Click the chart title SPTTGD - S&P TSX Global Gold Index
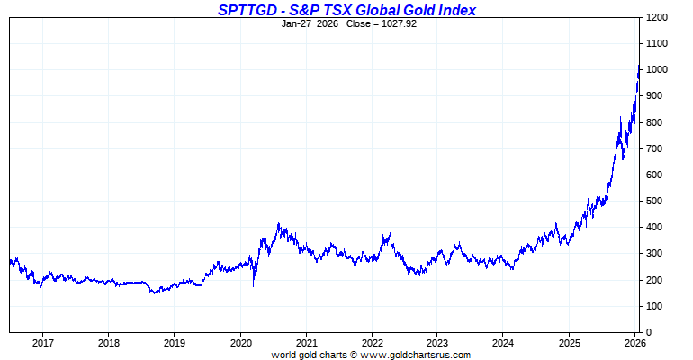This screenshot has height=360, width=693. tap(346, 10)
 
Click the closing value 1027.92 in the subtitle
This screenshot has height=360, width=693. tap(397, 23)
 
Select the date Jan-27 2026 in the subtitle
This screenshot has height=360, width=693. tap(309, 23)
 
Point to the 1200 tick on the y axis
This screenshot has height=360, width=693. tap(656, 18)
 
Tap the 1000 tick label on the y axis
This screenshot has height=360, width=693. tap(656, 70)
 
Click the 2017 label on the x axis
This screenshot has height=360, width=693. tap(42, 343)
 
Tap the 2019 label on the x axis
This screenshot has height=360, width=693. tap(175, 343)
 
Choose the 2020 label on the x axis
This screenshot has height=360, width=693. tap(240, 343)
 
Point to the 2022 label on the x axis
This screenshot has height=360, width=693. tap(373, 343)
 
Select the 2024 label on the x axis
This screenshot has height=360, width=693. tap(504, 343)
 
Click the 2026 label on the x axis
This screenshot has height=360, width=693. tap(635, 343)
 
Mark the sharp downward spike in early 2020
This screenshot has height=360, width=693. tap(253, 285)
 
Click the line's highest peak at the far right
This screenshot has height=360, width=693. tap(638, 65)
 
